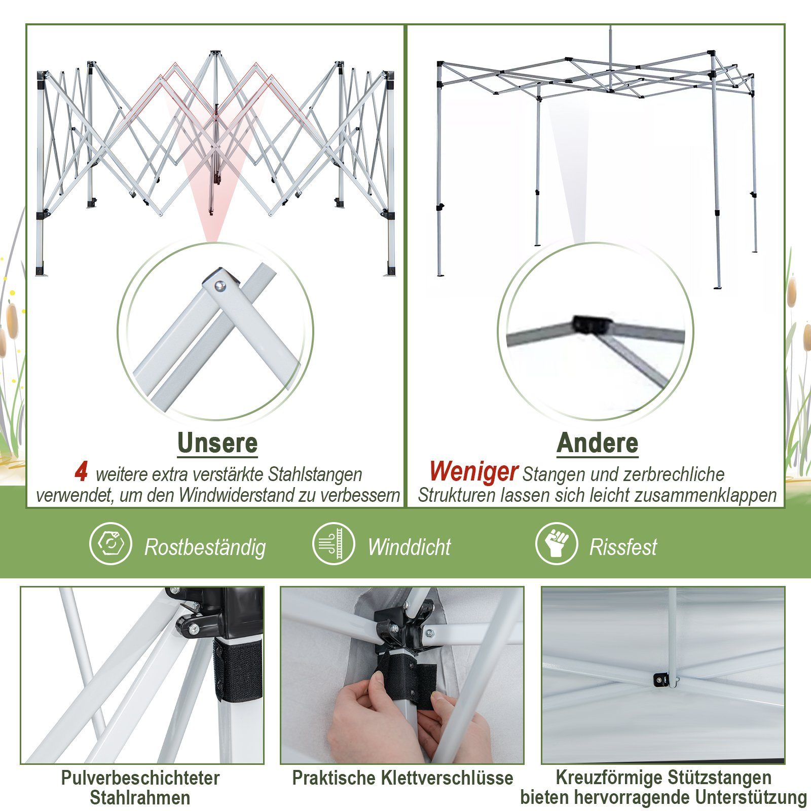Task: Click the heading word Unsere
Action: coord(217,444)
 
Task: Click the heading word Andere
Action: coord(598,444)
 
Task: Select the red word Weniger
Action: coord(473,472)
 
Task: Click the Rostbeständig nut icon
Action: coord(110,544)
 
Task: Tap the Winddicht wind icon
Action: coord(334,544)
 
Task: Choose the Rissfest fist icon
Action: coord(557,544)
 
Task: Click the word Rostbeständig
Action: coord(205,547)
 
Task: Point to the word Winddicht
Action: coord(410,547)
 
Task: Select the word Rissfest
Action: coord(623,547)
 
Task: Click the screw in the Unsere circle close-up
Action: coord(219,286)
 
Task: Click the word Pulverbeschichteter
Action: coord(140,778)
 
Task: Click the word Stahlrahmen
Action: coord(140,798)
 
